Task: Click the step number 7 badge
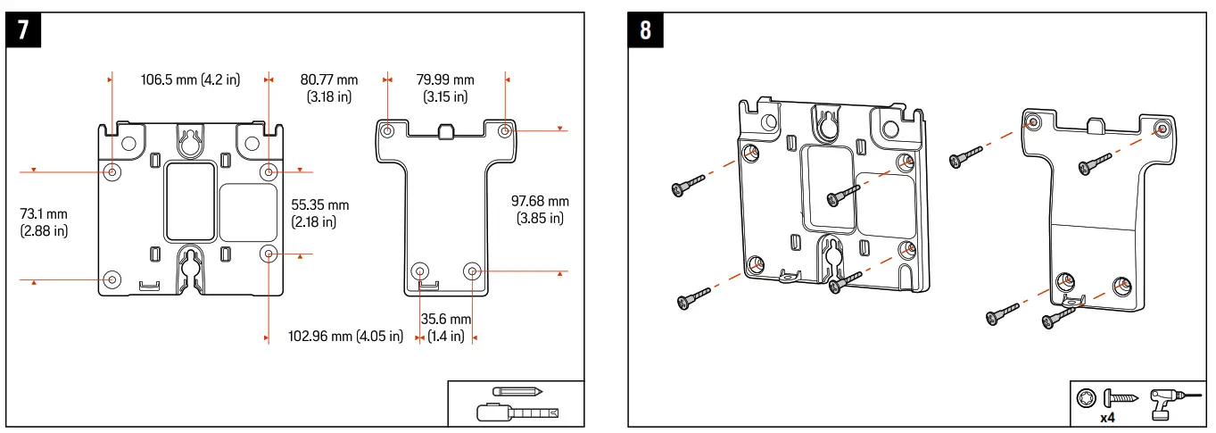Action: point(23,30)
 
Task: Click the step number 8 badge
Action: point(645,30)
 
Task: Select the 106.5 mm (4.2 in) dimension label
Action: point(190,79)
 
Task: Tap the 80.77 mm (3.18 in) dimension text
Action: point(329,87)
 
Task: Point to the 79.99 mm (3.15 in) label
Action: point(445,87)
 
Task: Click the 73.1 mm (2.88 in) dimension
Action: point(44,222)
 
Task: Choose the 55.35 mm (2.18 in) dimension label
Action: point(320,213)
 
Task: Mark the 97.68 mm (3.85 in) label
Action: point(540,210)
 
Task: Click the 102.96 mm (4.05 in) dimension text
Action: point(345,337)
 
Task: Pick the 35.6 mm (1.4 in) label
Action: point(446,328)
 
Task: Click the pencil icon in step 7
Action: point(517,392)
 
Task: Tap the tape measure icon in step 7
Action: point(517,412)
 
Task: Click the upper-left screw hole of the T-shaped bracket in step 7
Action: point(387,131)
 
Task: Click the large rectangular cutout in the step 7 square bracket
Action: point(190,202)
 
